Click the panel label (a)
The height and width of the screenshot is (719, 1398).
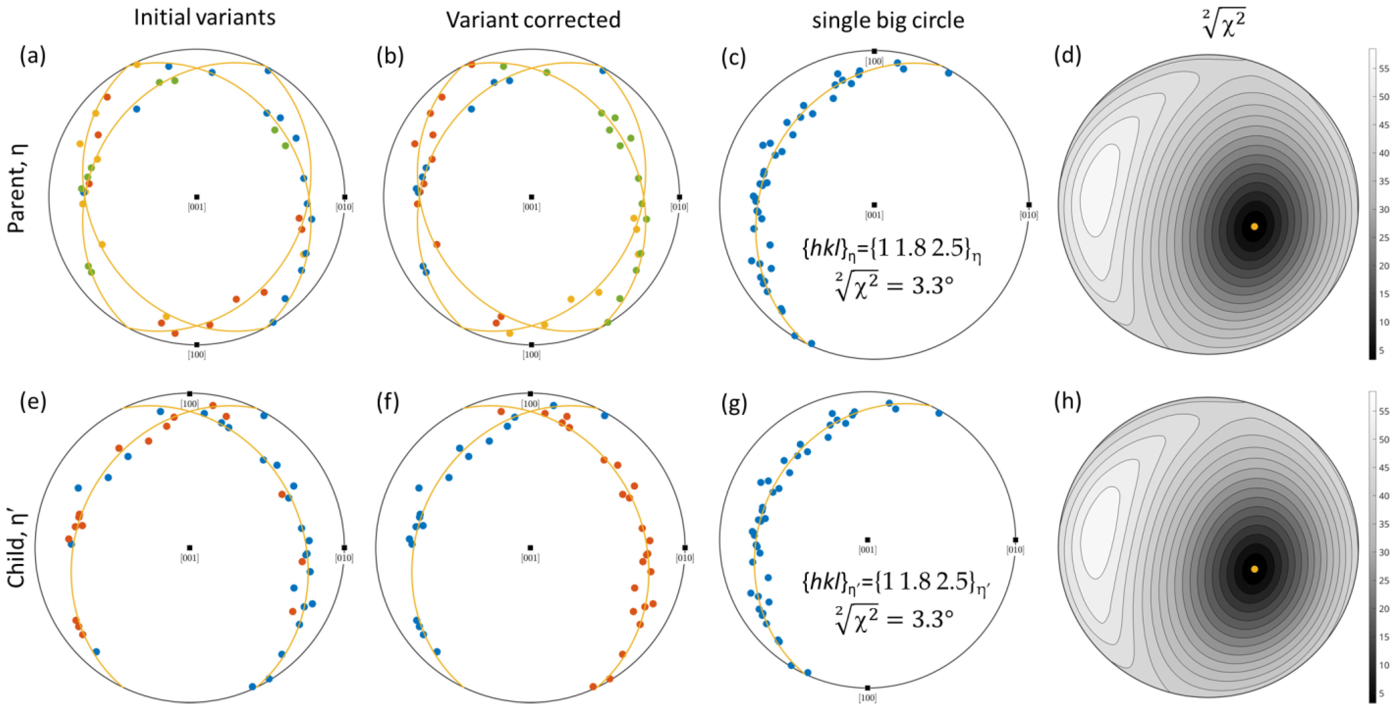tap(32, 56)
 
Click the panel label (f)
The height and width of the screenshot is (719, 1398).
tap(387, 402)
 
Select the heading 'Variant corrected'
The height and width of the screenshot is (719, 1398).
tap(533, 20)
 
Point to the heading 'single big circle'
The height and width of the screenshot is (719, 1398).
tap(888, 21)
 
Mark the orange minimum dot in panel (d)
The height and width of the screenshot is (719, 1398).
tap(1254, 226)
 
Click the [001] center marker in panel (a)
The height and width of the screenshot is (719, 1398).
tap(197, 197)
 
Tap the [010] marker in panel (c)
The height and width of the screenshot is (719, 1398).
tap(1028, 205)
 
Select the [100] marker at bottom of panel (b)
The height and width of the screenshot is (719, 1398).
tap(531, 345)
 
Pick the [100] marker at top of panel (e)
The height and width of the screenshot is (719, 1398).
tap(189, 393)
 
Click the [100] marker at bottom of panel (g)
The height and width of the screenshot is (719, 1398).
tap(867, 688)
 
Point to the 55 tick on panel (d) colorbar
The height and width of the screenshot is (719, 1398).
tap(1383, 69)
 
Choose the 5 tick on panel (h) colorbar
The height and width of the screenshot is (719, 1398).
tap(1381, 693)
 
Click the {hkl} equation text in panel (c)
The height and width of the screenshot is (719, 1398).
tap(891, 248)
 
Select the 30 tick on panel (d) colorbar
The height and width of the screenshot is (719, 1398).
tap(1383, 209)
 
